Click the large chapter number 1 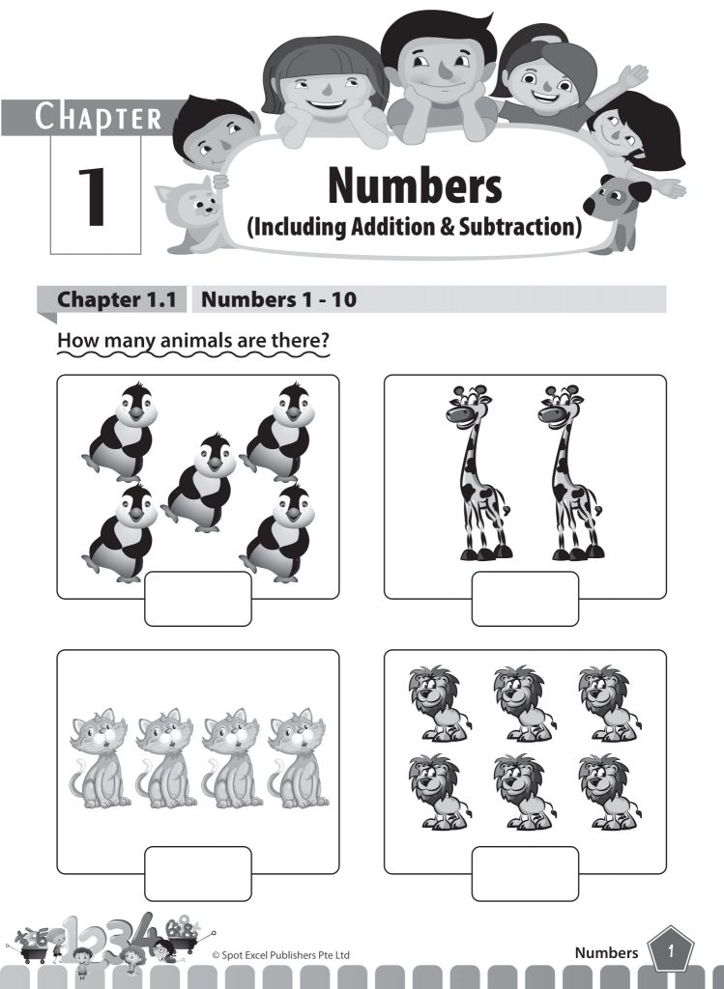(96, 197)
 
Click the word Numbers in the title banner (415, 185)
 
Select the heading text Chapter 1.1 (117, 299)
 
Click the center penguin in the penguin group (200, 483)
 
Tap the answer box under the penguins (198, 599)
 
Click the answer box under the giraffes (525, 599)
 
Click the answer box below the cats (198, 873)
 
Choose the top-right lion (608, 703)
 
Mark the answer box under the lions (525, 873)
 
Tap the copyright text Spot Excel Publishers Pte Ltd (280, 955)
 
